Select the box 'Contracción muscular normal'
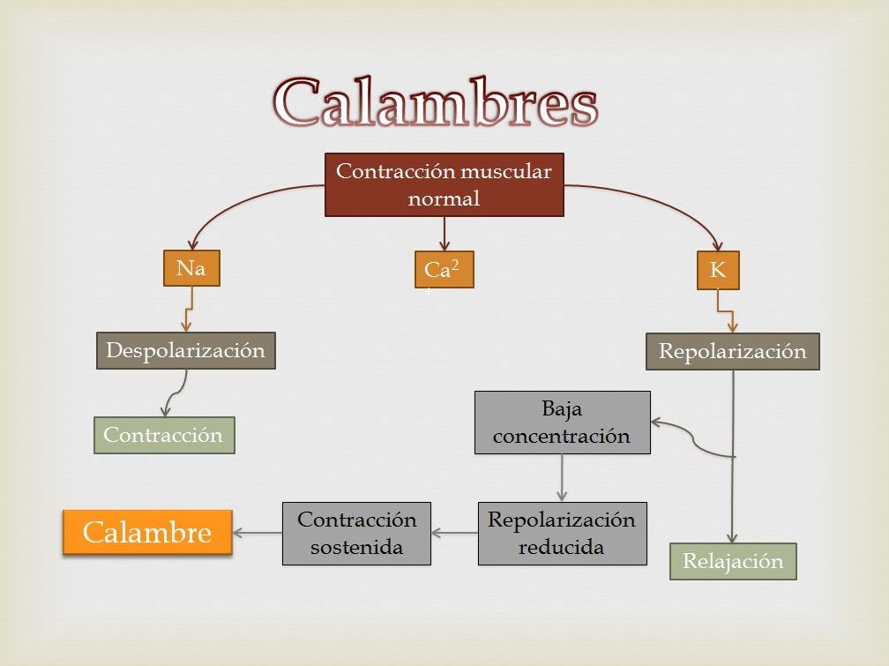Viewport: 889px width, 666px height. pyautogui.click(x=444, y=184)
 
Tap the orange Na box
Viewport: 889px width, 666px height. pyautogui.click(x=191, y=269)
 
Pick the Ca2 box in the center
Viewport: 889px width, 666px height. pyautogui.click(x=444, y=270)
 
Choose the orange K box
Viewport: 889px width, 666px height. pyautogui.click(x=718, y=271)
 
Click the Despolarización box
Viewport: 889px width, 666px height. pyautogui.click(x=185, y=350)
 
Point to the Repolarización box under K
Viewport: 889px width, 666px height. pyautogui.click(x=732, y=351)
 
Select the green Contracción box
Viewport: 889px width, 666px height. pyautogui.click(x=164, y=435)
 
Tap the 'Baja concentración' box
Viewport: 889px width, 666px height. pyautogui.click(x=562, y=423)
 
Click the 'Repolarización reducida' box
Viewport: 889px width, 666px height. pyautogui.click(x=562, y=533)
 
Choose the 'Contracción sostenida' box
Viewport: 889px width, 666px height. pyautogui.click(x=356, y=533)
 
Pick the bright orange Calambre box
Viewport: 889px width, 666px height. pyautogui.click(x=147, y=532)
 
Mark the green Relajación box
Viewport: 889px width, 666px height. pyautogui.click(x=733, y=561)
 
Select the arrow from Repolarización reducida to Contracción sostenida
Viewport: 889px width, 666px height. pyautogui.click(x=455, y=533)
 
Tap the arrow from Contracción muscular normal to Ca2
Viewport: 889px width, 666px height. pyautogui.click(x=444, y=234)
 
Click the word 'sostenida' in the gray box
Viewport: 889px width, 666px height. pyautogui.click(x=356, y=547)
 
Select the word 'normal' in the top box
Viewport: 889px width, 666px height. pyautogui.click(x=444, y=198)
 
